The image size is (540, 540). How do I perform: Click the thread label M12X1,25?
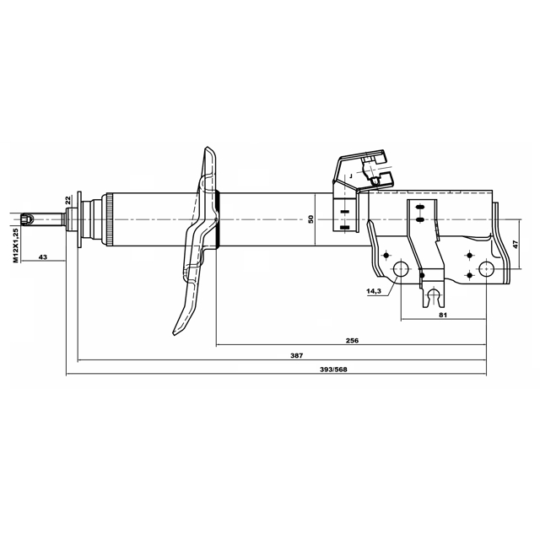pos(16,246)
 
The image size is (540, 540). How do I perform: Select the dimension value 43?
pos(43,256)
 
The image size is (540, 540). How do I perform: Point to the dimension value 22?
pos(67,200)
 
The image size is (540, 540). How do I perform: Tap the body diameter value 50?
pos(311,219)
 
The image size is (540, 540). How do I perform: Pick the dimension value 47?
pos(516,244)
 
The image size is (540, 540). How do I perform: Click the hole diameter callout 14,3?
pos(374,291)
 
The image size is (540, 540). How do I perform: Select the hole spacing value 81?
pos(443,315)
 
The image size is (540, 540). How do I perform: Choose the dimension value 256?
pos(352,341)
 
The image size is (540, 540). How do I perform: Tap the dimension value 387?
pos(296,355)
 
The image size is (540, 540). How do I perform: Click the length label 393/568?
pos(334,370)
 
